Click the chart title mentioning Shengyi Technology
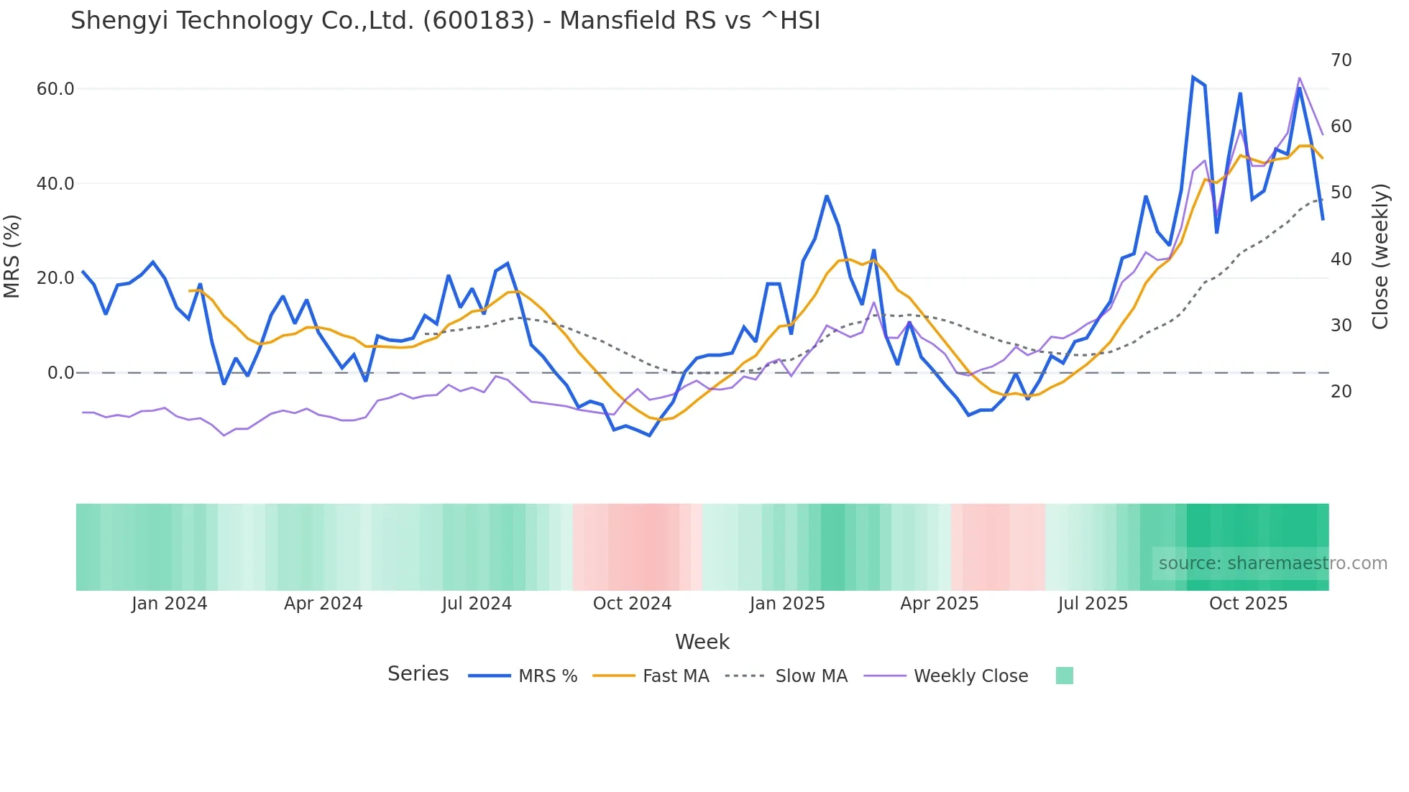[x=445, y=21]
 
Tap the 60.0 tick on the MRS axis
[x=55, y=89]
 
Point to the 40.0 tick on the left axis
[x=55, y=184]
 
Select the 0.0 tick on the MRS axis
[x=60, y=373]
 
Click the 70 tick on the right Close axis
[x=1341, y=60]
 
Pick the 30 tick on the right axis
[x=1341, y=326]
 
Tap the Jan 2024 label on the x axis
[x=169, y=604]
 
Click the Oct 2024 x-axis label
[x=632, y=604]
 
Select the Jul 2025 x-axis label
[x=1093, y=604]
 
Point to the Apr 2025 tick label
[x=940, y=604]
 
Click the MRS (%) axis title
[x=12, y=257]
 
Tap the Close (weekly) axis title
[x=1380, y=257]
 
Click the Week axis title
[x=702, y=642]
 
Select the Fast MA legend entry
[x=675, y=676]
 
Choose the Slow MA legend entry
[x=811, y=676]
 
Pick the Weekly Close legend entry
[x=970, y=676]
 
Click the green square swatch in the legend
[x=1064, y=676]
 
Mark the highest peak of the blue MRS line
[x=1193, y=78]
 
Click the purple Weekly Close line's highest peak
[x=1299, y=78]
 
